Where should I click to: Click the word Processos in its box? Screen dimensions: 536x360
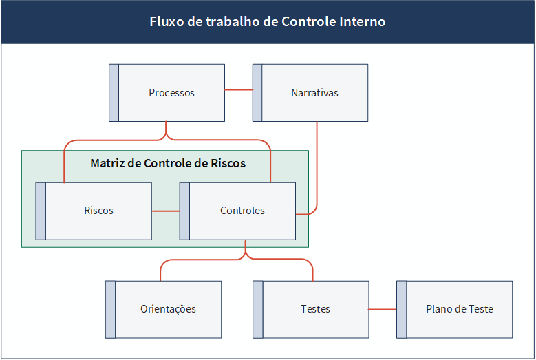tap(171, 93)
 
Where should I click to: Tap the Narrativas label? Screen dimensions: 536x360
tap(314, 93)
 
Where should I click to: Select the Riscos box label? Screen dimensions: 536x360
tap(99, 211)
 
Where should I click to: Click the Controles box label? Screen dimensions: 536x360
tap(242, 211)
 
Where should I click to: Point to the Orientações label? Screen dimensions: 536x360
tap(168, 309)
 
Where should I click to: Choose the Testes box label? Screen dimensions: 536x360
tap(315, 309)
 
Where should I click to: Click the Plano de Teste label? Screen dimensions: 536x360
tap(460, 309)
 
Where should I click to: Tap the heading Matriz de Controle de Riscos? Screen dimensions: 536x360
tap(168, 163)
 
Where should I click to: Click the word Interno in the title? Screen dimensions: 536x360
tap(363, 21)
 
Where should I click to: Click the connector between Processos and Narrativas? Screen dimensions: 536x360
tap(239, 90)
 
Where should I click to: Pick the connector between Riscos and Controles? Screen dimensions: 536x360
tap(166, 211)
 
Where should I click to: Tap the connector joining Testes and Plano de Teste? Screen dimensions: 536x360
tap(383, 309)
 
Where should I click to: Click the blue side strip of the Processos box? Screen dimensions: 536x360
tap(114, 93)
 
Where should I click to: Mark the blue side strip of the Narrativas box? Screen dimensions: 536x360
tap(257, 93)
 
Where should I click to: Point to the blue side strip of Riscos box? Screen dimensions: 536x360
tap(41, 211)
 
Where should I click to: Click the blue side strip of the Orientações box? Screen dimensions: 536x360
tap(110, 309)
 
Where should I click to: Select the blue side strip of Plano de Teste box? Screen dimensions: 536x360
tap(402, 309)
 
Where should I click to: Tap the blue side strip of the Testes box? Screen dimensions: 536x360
tap(258, 309)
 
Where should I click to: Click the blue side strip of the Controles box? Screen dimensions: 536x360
tap(184, 211)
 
